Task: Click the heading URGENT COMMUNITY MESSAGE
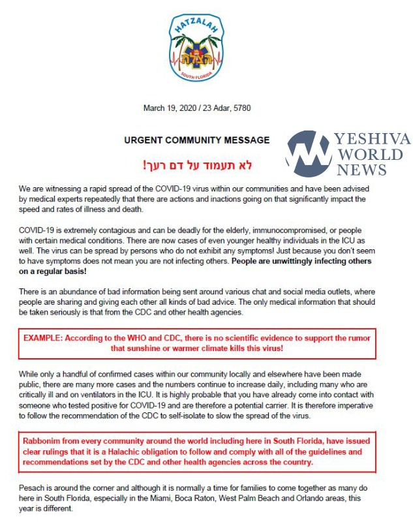coord(196,140)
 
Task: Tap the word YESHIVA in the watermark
coord(373,139)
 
